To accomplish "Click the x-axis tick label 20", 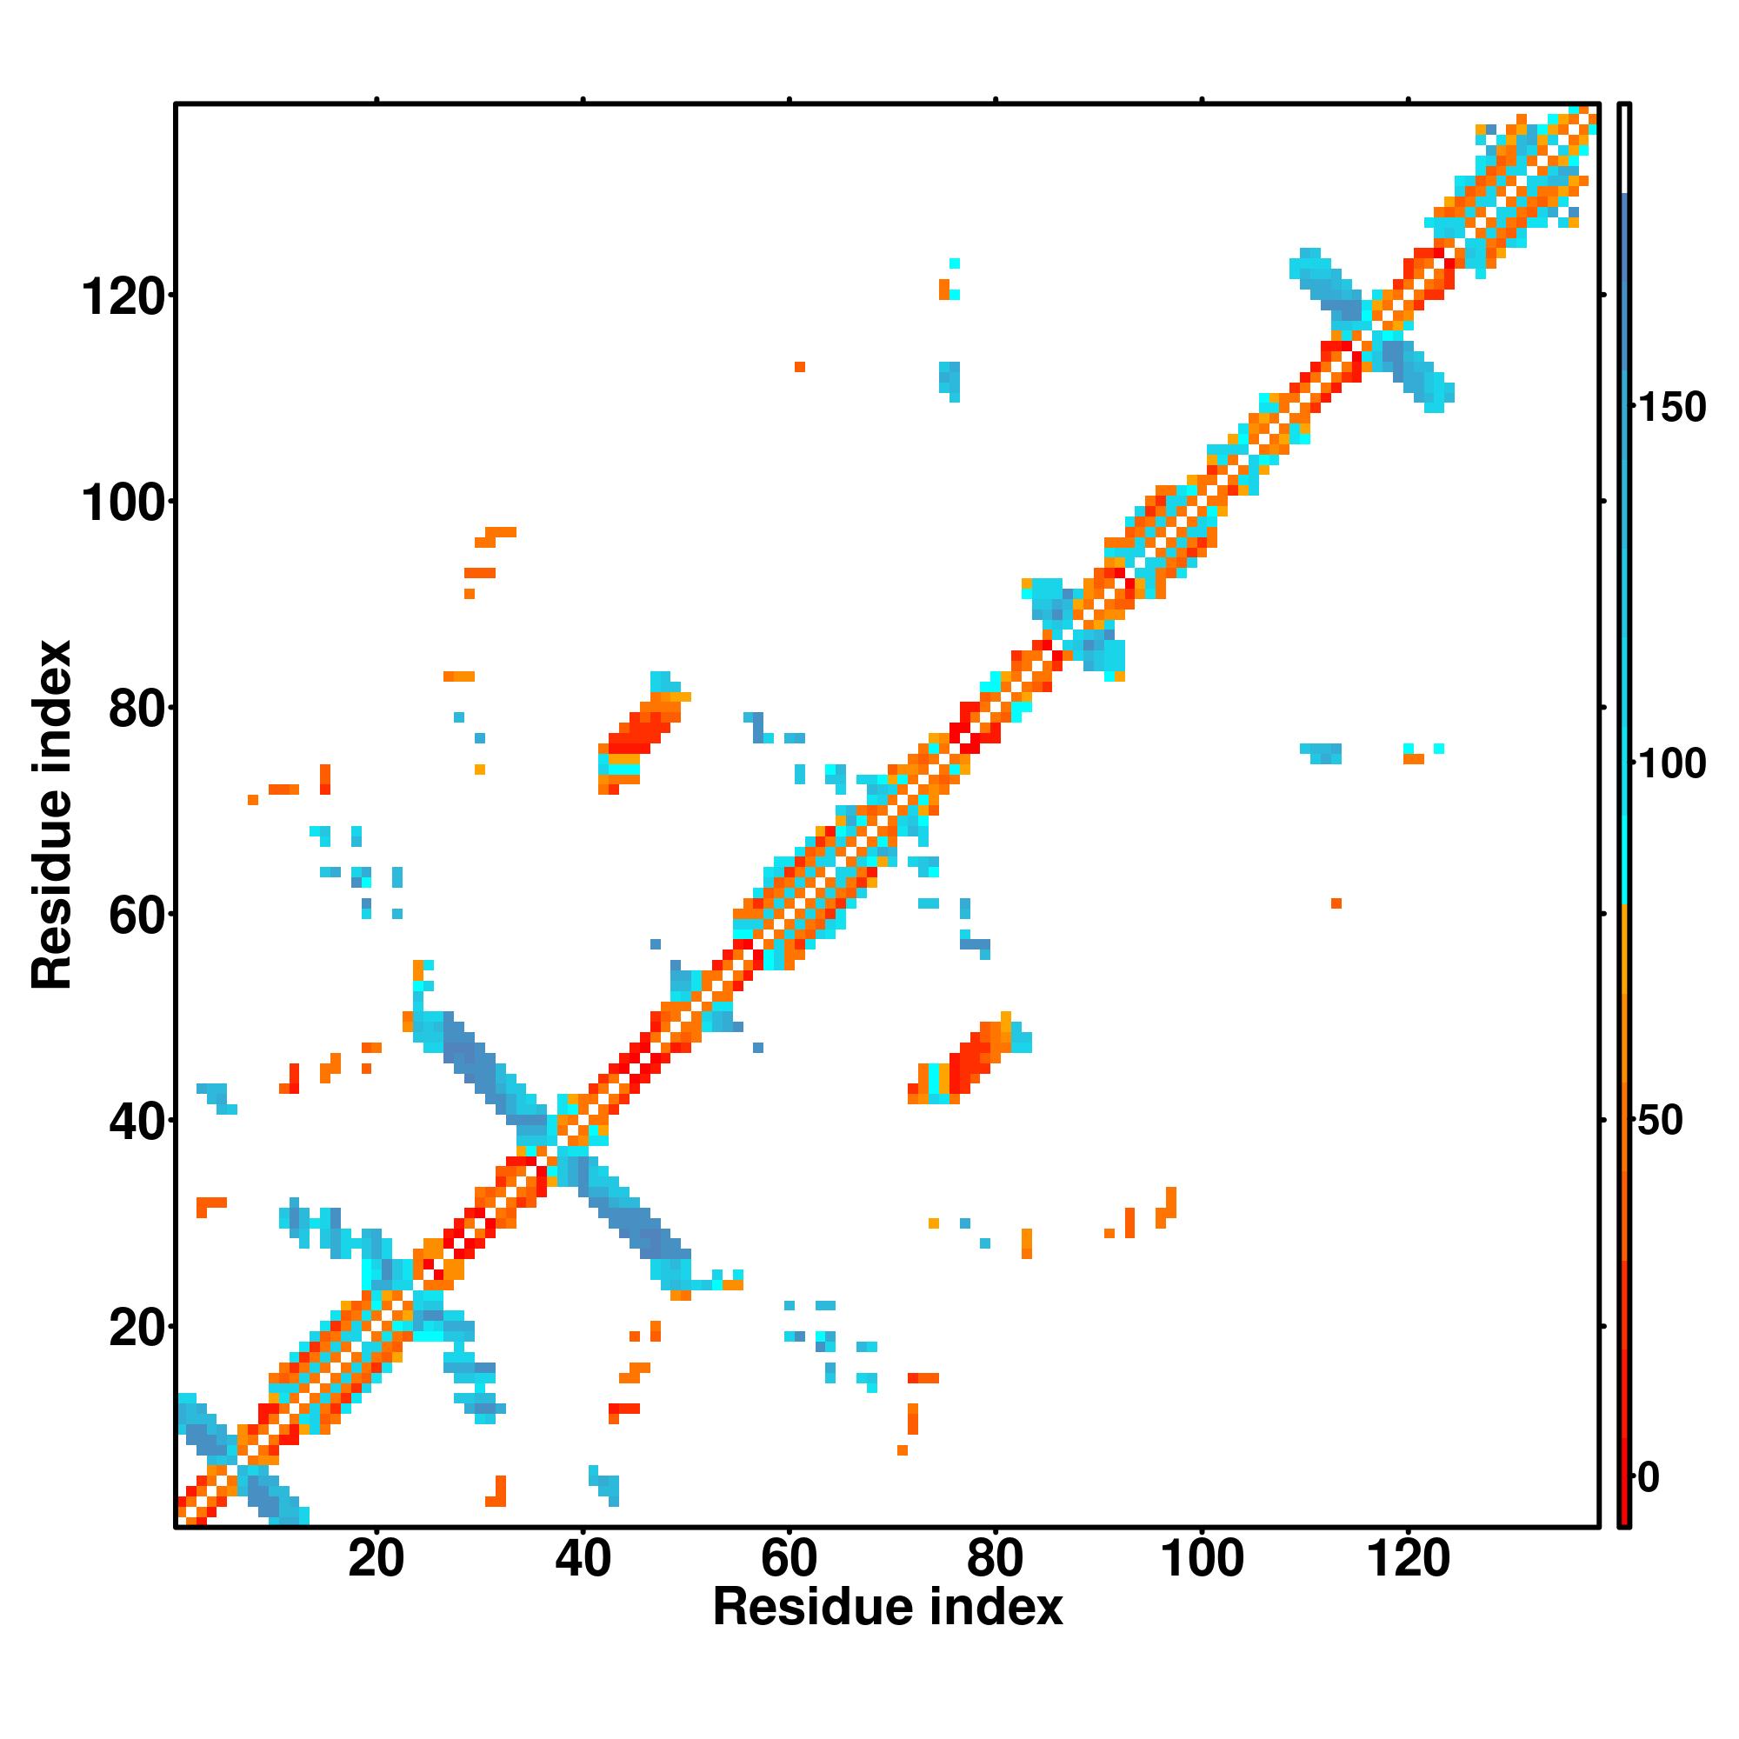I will (x=376, y=1559).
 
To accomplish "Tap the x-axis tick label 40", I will (x=583, y=1559).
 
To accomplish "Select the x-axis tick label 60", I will (x=789, y=1559).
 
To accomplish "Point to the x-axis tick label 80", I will (x=995, y=1559).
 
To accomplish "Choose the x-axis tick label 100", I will (x=1203, y=1559).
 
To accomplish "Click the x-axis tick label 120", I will (x=1409, y=1559).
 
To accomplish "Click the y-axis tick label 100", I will (x=123, y=503).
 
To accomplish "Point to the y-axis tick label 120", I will (x=123, y=296).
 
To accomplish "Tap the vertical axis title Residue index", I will (x=51, y=815).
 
